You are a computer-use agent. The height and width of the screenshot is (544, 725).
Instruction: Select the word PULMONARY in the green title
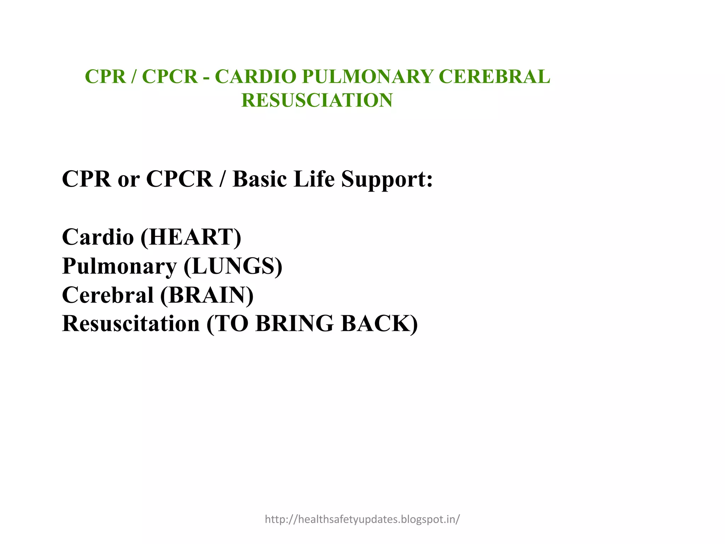[x=367, y=77]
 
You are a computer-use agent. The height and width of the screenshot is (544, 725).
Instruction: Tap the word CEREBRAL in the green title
[x=494, y=77]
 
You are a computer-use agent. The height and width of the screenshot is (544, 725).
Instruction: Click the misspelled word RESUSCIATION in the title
[x=317, y=100]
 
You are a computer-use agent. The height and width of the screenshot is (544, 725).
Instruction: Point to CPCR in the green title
[x=170, y=77]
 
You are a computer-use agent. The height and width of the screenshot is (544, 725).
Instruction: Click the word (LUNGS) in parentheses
[x=233, y=266]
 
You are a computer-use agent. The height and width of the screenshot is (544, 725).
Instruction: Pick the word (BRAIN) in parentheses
[x=207, y=295]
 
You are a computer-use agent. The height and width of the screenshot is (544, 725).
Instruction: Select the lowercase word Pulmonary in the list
[x=119, y=267]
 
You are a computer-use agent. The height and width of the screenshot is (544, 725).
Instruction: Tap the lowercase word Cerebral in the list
[x=108, y=295]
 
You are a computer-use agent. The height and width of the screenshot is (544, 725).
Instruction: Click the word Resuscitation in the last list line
[x=131, y=324]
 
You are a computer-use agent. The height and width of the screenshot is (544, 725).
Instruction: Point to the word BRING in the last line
[x=294, y=324]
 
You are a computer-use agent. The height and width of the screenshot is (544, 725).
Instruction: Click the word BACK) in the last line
[x=379, y=324]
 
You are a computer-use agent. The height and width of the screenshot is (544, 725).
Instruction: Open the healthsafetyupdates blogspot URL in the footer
[x=362, y=519]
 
